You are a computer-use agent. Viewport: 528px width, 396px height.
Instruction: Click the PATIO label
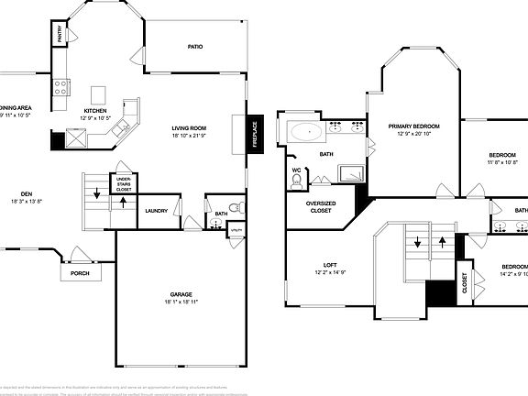pyautogui.click(x=195, y=46)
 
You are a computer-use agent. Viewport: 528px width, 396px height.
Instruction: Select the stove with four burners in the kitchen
pyautogui.click(x=61, y=88)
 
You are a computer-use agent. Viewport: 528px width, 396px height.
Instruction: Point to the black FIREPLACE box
pyautogui.click(x=256, y=130)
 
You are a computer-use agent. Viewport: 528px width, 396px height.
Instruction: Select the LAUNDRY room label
pyautogui.click(x=157, y=211)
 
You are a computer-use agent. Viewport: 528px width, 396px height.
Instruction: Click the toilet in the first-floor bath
pyautogui.click(x=233, y=206)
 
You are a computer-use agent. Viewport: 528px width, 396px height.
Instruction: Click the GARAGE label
pyautogui.click(x=180, y=295)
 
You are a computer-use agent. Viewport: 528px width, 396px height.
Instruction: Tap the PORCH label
pyautogui.click(x=80, y=272)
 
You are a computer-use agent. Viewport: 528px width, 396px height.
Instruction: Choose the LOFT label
pyautogui.click(x=330, y=265)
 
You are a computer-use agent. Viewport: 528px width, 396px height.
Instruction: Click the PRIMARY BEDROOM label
pyautogui.click(x=413, y=126)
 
